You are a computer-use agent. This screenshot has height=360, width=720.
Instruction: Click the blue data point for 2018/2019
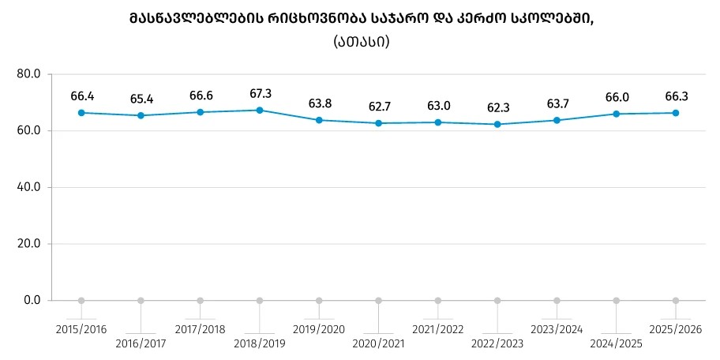260,111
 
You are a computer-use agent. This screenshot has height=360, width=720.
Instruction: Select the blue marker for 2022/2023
497,124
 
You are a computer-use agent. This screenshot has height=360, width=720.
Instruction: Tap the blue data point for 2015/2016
81,113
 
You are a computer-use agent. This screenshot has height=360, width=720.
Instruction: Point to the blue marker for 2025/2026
676,113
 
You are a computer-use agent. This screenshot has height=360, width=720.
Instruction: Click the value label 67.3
261,94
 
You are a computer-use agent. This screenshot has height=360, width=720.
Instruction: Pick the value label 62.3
497,107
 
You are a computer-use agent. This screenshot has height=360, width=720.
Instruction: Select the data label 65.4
141,99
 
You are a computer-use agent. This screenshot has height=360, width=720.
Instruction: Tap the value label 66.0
617,97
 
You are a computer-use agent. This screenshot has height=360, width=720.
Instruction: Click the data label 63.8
320,103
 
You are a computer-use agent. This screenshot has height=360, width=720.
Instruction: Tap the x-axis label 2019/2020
319,328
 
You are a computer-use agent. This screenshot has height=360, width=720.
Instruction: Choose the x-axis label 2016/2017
141,343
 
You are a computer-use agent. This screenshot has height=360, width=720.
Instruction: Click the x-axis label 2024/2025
617,343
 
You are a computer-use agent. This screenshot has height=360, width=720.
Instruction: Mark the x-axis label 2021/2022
438,328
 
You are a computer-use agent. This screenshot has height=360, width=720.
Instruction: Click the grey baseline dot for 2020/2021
379,301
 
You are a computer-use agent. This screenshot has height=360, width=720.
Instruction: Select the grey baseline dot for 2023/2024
557,301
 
